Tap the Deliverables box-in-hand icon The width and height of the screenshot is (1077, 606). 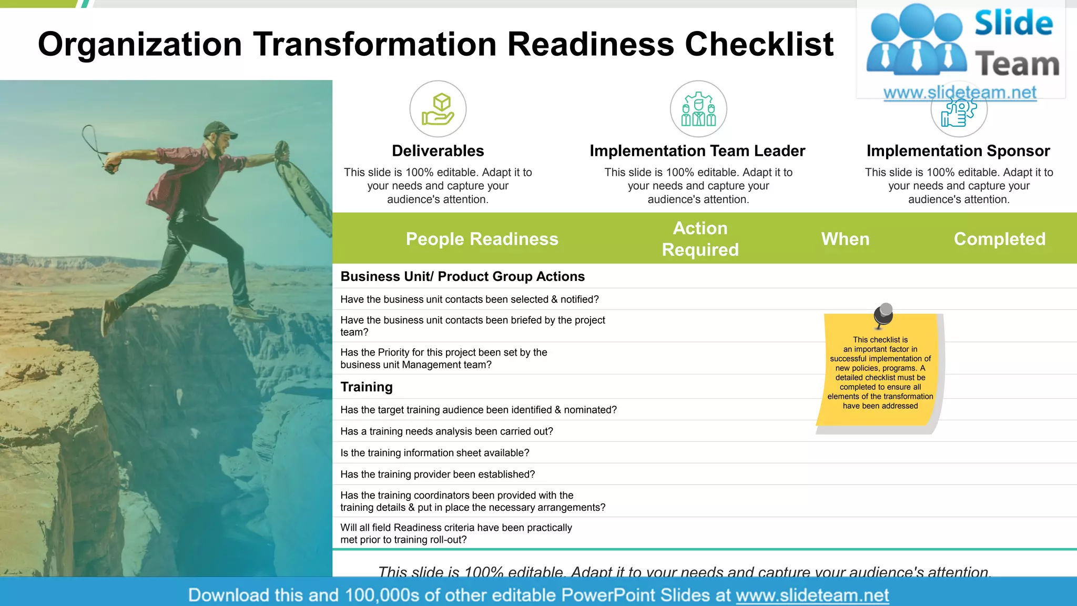[438, 109]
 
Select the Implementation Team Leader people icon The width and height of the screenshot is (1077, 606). [698, 109]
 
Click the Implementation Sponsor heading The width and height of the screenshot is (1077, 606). [958, 151]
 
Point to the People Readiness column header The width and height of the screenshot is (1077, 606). [482, 239]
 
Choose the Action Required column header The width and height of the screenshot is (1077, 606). [700, 239]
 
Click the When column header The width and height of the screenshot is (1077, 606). [845, 239]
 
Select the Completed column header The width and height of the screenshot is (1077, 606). [999, 239]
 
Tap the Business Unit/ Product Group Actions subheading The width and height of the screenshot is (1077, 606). [462, 276]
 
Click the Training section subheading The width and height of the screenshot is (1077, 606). [367, 387]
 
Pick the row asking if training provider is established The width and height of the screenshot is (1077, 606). [438, 474]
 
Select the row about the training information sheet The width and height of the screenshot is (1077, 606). [434, 452]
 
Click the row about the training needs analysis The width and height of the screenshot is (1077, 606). [446, 431]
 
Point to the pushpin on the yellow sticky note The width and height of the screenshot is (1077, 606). [883, 315]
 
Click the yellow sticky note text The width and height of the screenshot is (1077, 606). [880, 372]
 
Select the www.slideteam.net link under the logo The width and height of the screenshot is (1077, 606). [960, 93]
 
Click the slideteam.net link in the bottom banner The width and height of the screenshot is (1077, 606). [812, 595]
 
